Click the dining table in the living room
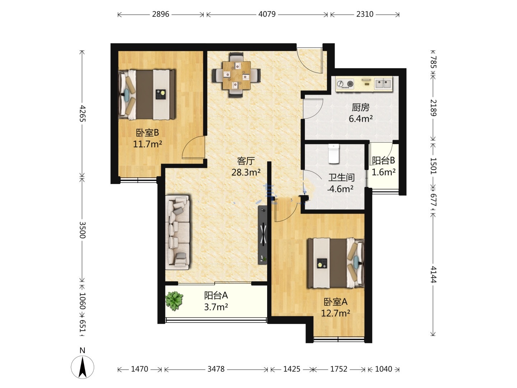tap(236, 75)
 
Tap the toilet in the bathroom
tap(334, 154)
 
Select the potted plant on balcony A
tap(174, 301)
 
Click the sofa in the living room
tap(178, 232)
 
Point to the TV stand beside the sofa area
tap(262, 235)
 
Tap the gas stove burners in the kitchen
tap(345, 84)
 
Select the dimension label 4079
tap(267, 14)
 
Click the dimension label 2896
tap(160, 14)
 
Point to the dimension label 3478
tap(216, 369)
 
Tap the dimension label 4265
tap(83, 114)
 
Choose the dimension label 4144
tap(433, 274)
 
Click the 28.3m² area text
tap(246, 173)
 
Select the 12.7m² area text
tap(336, 313)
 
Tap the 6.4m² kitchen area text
tap(360, 119)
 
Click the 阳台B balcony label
tap(383, 161)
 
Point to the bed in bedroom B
tap(147, 94)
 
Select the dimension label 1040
tap(383, 369)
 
